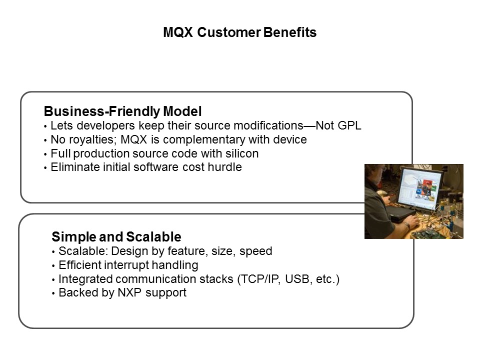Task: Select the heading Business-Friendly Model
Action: [x=122, y=111]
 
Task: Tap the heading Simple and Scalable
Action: [x=116, y=236]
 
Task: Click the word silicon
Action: [x=241, y=153]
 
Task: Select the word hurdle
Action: [x=226, y=167]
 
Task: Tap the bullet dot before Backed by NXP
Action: [x=53, y=294]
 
